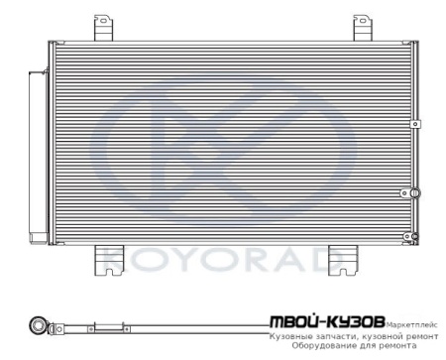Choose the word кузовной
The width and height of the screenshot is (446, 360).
(x=385, y=337)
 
